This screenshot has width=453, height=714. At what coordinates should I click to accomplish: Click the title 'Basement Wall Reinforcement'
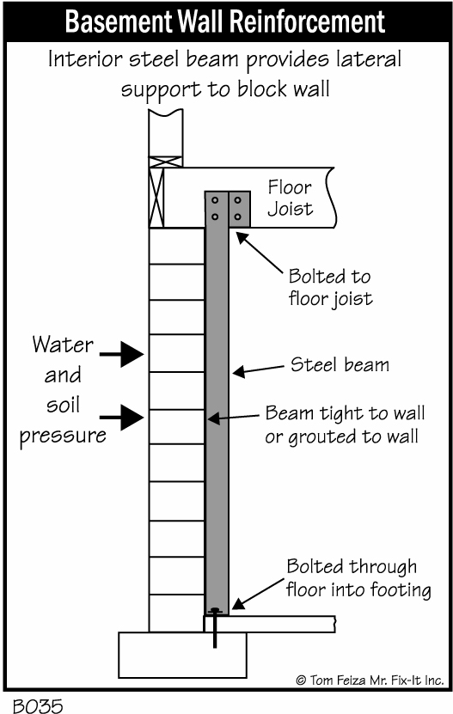tap(225, 21)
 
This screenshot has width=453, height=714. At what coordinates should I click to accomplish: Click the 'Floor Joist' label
tap(290, 198)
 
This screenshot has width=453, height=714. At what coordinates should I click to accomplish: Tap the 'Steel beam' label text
tap(340, 365)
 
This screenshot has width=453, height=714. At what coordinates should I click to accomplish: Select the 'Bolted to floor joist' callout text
tap(330, 287)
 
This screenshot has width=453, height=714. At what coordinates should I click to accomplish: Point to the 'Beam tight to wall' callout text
tap(345, 413)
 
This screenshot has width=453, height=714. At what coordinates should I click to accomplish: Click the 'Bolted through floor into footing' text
tap(358, 578)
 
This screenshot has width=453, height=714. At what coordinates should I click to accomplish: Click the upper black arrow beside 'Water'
tap(122, 354)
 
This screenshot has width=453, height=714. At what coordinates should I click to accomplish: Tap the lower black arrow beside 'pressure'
tap(122, 417)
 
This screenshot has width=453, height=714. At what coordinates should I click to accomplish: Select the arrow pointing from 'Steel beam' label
tap(259, 369)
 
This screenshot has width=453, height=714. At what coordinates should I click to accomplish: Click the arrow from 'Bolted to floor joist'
tap(260, 253)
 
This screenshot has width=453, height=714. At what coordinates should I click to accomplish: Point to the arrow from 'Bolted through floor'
tap(258, 595)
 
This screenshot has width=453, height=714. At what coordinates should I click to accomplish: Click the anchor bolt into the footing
tap(215, 627)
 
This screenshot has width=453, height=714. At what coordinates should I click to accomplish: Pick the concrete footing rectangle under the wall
tap(182, 655)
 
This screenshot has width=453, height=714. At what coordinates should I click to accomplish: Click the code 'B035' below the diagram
tap(38, 705)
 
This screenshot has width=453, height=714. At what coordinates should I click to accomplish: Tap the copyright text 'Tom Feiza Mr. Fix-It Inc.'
tap(370, 680)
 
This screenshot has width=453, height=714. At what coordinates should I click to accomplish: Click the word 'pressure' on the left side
tap(63, 436)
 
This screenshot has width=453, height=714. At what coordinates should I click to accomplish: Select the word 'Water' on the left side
tap(63, 345)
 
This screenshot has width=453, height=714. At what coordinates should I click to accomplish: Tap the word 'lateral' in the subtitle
tap(369, 59)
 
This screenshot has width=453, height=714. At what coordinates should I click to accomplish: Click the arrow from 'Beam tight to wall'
tap(233, 418)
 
